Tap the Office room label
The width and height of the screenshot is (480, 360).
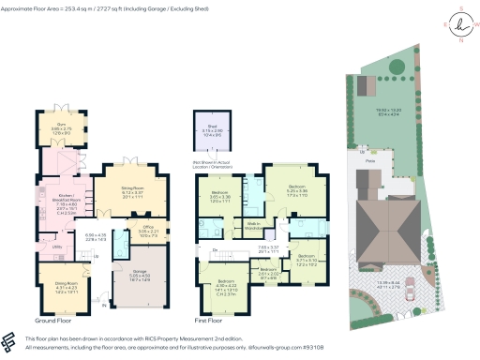(121, 226)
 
